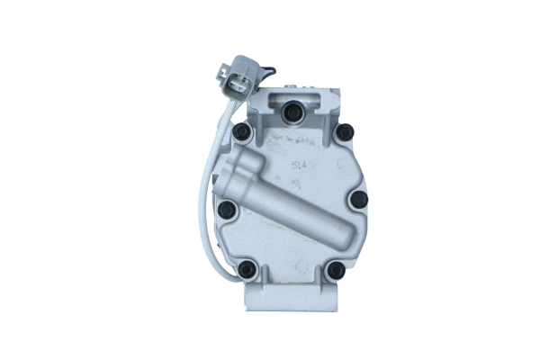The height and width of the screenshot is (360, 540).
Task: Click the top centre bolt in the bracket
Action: (291, 112)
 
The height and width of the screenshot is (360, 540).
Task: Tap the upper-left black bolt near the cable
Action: (240, 133)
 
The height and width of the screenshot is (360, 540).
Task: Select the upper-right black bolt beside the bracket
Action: (345, 133)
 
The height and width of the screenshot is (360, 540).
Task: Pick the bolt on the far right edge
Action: (358, 200)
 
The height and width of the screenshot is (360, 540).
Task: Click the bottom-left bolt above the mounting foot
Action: (247, 267)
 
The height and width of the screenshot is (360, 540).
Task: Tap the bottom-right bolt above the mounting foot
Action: (335, 268)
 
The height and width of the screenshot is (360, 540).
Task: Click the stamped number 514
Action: (299, 166)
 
